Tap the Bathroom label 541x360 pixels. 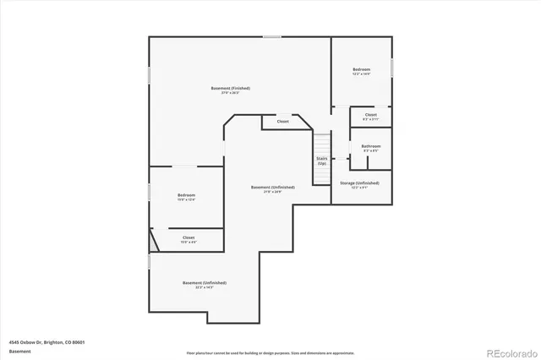coord(371,146)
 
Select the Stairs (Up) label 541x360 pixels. coord(322,160)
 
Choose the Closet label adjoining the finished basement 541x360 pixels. coord(282,122)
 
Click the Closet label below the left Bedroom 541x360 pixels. coord(189,238)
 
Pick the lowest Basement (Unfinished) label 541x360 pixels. coord(205,283)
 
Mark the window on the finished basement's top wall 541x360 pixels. coord(271,36)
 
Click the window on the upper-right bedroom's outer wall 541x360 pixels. coord(392,66)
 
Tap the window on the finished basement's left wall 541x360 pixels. coord(150,74)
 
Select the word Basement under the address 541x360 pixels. coord(19,351)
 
